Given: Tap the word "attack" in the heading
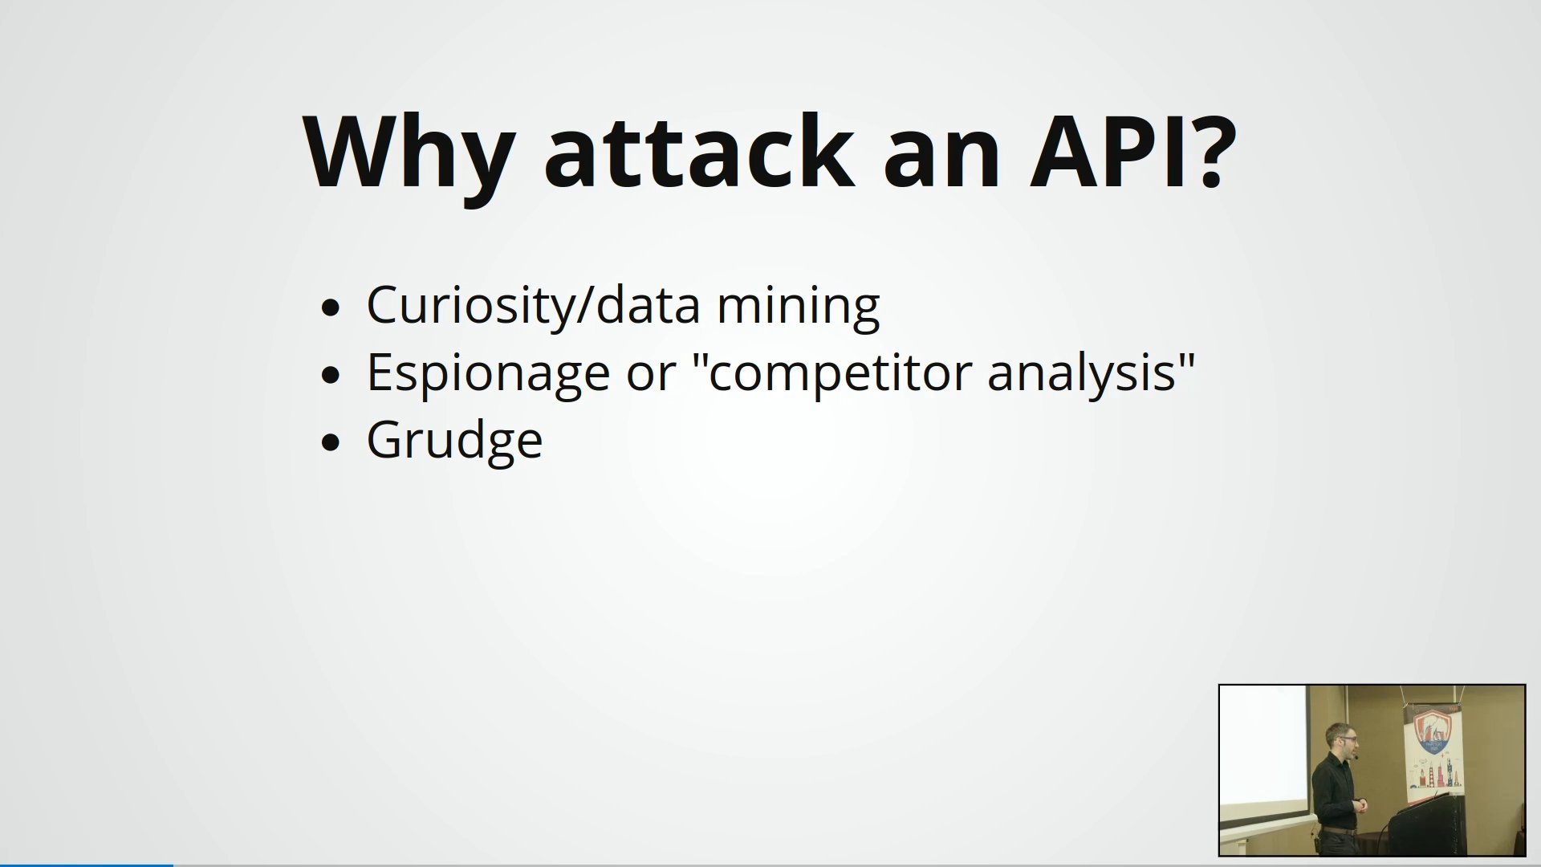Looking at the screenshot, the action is (697, 151).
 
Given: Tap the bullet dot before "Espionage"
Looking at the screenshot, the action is (330, 375).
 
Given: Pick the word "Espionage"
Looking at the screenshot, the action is (488, 374).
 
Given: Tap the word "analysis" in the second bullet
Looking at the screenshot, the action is (1082, 374).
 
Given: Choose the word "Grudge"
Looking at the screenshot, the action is (454, 441).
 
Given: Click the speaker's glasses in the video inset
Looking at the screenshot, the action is (1343, 739).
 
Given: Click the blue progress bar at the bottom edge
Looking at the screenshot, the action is (87, 865).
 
